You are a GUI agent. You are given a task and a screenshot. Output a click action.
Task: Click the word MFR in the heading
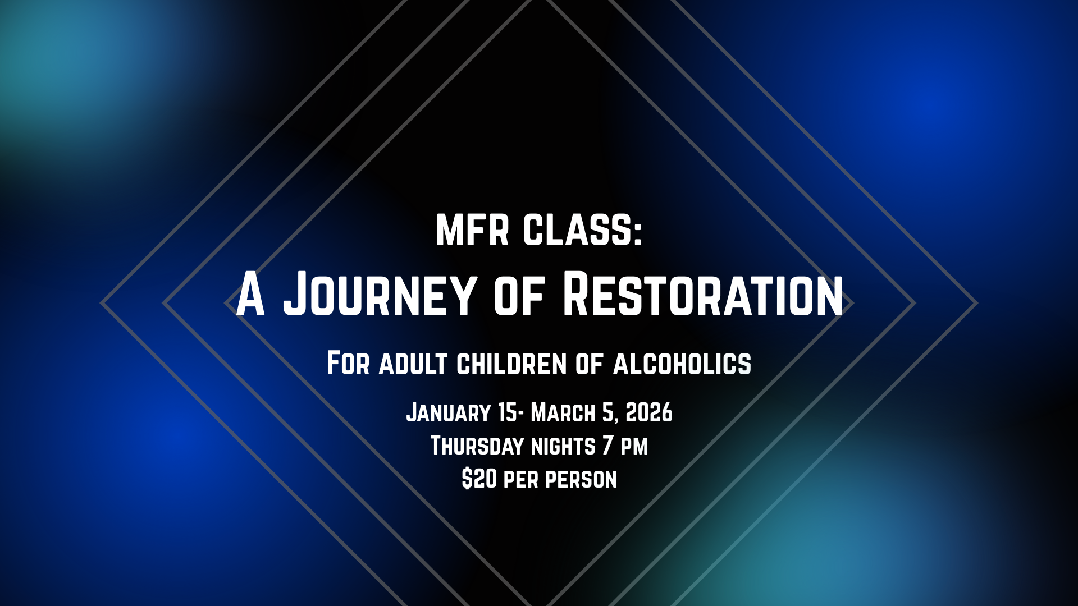pyautogui.click(x=472, y=229)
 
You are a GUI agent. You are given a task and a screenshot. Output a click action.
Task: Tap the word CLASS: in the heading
pyautogui.click(x=582, y=229)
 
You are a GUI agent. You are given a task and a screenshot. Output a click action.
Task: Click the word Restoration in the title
pyautogui.click(x=702, y=293)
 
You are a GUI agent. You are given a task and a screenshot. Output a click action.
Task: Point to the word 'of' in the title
pyautogui.click(x=519, y=297)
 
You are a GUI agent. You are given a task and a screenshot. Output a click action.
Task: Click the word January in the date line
pyautogui.click(x=449, y=412)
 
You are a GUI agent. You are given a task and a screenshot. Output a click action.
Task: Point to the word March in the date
pyautogui.click(x=563, y=412)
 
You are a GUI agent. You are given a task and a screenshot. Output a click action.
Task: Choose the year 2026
pyautogui.click(x=649, y=412)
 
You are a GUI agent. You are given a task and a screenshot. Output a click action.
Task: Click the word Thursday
pyautogui.click(x=477, y=446)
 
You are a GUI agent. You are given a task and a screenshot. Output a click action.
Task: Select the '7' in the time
pyautogui.click(x=607, y=446)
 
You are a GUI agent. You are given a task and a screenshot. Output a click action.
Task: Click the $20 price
pyautogui.click(x=479, y=479)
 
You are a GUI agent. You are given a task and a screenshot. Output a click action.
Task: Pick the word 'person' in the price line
pyautogui.click(x=581, y=480)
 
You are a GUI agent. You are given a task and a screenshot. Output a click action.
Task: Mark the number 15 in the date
pyautogui.click(x=508, y=412)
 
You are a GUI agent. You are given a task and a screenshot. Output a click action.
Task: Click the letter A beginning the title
pyautogui.click(x=250, y=293)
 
